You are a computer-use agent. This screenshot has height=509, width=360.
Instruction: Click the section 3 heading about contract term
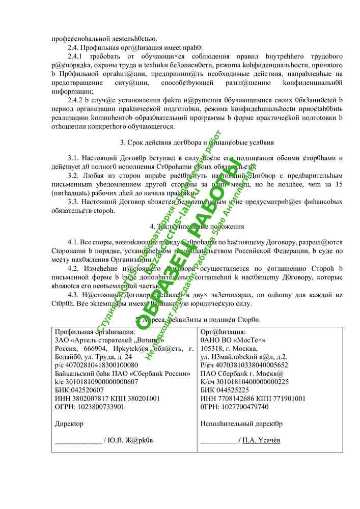pos(197,143)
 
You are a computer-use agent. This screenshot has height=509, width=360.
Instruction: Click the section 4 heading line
pos(197,227)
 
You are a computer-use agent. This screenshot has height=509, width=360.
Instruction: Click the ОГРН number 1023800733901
pos(101,407)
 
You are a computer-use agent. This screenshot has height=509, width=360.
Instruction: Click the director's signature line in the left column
pos(77,441)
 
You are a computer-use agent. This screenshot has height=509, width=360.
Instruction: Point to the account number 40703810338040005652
pos(252,365)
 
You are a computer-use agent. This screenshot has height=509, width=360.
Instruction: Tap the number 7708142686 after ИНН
pos(238,399)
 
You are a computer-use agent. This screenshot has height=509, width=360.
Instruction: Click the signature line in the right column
pos(218,441)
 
